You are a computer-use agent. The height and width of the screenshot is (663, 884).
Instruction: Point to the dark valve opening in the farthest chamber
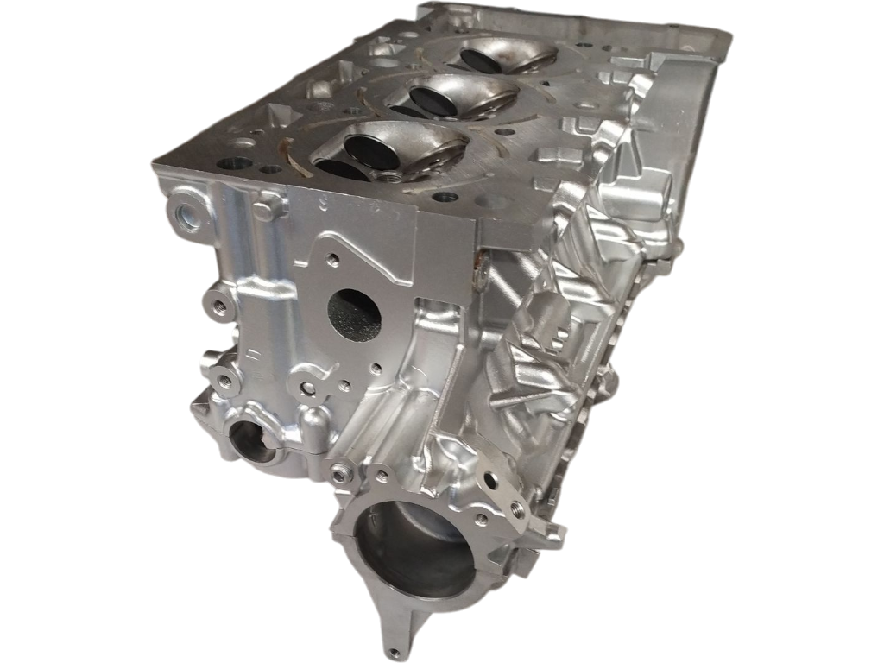point(477,59)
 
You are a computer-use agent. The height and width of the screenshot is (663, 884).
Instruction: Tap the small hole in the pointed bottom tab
point(395,650)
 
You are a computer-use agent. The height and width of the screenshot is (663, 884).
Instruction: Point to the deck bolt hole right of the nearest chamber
point(444,197)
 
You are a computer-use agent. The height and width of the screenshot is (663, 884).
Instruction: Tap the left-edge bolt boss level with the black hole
point(214,305)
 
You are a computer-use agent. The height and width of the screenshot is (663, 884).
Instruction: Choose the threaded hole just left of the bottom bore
point(337,470)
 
